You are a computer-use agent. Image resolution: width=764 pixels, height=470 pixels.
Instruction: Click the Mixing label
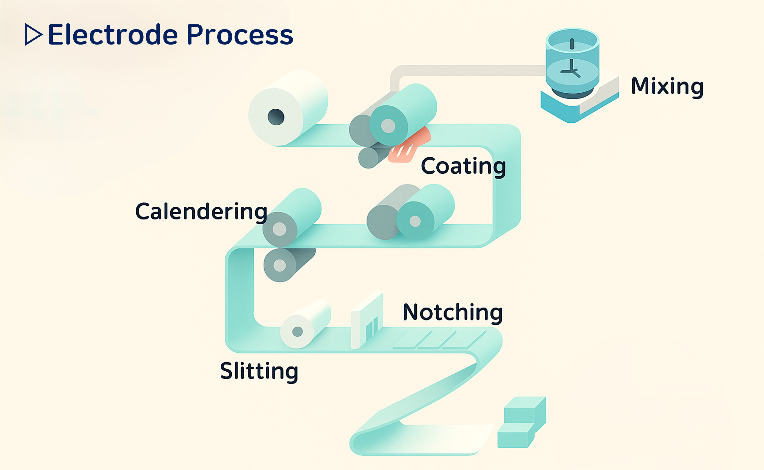(x=667, y=86)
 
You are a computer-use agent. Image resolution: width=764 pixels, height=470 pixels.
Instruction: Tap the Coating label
(x=463, y=166)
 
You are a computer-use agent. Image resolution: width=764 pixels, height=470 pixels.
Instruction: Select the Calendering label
(x=201, y=212)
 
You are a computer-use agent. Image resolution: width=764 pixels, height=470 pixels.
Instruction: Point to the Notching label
(x=452, y=313)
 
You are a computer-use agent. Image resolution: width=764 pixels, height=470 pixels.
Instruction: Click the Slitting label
(x=259, y=371)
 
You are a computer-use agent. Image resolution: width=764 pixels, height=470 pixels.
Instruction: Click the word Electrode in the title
(x=113, y=35)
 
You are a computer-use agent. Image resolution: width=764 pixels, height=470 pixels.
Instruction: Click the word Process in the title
(x=240, y=35)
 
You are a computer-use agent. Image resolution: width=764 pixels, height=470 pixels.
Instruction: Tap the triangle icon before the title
(x=33, y=35)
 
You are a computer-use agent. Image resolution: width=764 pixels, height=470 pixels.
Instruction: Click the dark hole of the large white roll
(x=276, y=117)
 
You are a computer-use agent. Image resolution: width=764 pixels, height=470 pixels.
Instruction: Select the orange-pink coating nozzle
(x=410, y=146)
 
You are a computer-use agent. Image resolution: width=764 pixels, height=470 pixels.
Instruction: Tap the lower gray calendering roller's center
(x=280, y=265)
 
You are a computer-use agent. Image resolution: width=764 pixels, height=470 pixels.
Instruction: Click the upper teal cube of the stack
(x=524, y=410)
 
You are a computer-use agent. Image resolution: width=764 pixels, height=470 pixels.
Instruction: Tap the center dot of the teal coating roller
(x=388, y=126)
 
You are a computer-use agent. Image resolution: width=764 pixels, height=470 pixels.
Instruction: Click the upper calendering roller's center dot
(x=279, y=229)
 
